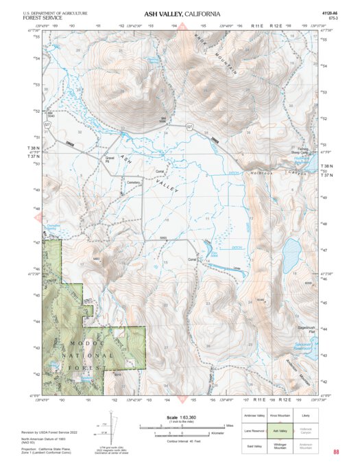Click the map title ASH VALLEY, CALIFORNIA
(182, 14)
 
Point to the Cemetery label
(133, 183)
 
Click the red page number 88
(336, 452)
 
